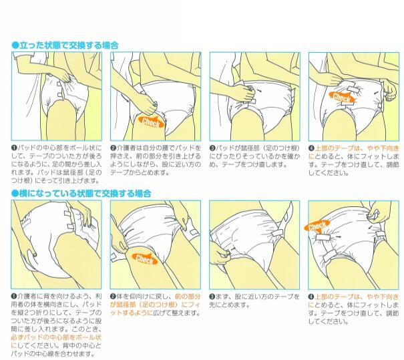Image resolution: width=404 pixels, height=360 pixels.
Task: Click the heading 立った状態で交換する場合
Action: [69, 45]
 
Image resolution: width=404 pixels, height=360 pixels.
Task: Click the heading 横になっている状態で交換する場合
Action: [85, 194]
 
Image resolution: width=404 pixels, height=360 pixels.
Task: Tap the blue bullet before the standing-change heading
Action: [15, 45]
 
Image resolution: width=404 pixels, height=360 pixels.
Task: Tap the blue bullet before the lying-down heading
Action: [15, 194]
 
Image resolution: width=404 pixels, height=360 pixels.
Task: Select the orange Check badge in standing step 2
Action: [151, 122]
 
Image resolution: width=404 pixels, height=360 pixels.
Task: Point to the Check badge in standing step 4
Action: [342, 98]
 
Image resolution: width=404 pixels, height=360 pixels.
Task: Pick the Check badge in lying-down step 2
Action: [145, 259]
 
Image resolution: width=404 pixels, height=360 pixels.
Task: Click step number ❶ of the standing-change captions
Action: [14, 148]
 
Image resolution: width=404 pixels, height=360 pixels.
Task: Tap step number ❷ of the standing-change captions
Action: [113, 148]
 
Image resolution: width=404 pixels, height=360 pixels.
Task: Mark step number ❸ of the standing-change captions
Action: [212, 148]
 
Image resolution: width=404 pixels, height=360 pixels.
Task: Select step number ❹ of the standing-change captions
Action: [311, 148]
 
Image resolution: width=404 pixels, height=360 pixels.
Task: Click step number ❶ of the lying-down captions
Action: [14, 297]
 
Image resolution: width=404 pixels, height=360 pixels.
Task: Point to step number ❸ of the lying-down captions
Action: [212, 297]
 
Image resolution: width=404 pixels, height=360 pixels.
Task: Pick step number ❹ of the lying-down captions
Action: [311, 297]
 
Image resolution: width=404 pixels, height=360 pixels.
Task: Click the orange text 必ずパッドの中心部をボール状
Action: [56, 337]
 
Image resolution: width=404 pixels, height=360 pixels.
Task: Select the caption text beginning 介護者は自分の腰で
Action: [156, 160]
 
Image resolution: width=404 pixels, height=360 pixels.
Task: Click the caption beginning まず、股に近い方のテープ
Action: [254, 301]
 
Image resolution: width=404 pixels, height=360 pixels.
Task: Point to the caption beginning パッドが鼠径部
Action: [255, 156]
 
